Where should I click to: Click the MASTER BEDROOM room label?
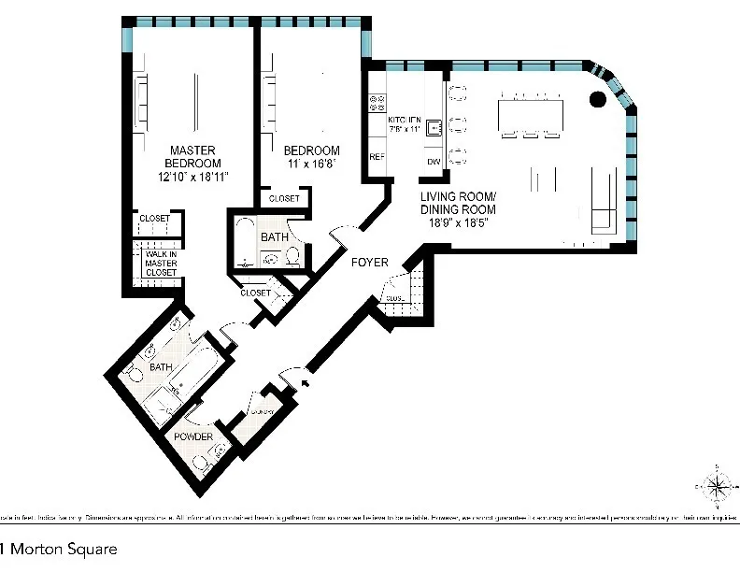(x=193, y=156)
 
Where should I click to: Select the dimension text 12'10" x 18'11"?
(x=193, y=175)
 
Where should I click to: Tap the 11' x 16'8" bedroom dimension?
(x=311, y=163)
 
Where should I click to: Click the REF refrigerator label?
(x=377, y=157)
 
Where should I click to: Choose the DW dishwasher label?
(x=433, y=162)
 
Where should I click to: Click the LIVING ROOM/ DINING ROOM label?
(x=457, y=203)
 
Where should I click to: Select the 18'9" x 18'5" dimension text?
(x=457, y=222)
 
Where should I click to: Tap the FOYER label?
(x=369, y=263)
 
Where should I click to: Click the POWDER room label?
(x=191, y=437)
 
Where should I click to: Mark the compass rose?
(x=716, y=485)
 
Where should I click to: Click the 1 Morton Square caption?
(x=59, y=549)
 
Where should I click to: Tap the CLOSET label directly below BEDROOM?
(x=284, y=199)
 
